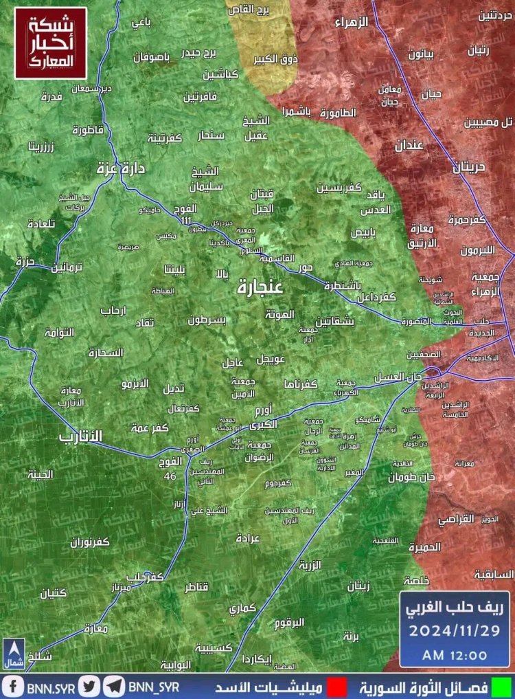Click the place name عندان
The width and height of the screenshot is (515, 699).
408,145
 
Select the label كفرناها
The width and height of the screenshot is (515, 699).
299,384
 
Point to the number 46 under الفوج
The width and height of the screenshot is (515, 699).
170,476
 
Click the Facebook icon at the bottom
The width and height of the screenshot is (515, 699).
12,686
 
